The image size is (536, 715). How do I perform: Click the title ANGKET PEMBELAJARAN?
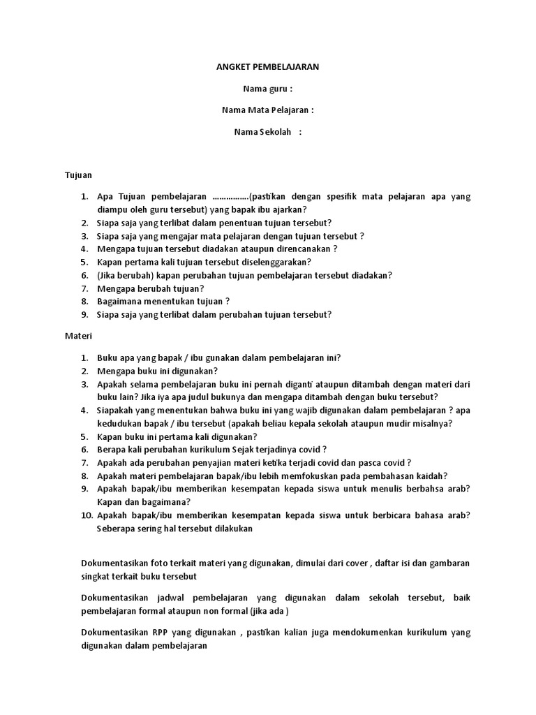pos(267,67)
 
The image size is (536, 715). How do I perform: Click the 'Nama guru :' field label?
pos(267,89)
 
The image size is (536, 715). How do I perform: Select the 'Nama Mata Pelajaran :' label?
pos(267,110)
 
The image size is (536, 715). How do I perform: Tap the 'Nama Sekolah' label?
pos(262,132)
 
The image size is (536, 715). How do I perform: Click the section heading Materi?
pos(79,336)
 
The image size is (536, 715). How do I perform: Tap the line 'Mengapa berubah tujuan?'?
pos(151,288)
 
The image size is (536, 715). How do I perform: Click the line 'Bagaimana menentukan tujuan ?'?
pos(163,301)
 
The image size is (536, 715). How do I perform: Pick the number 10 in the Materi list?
pos(86,515)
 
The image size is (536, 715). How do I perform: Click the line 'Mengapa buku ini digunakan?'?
pos(158,371)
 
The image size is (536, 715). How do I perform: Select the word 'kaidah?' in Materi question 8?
pos(432,476)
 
